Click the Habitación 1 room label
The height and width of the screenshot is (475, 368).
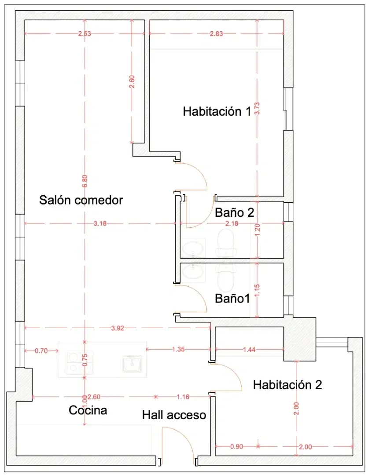217,111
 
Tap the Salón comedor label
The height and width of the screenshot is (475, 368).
81,200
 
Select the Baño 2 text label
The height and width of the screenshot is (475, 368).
235,213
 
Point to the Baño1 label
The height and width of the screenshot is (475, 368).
232,299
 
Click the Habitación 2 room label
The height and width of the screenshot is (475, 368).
287,385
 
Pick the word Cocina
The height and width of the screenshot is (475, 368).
88,410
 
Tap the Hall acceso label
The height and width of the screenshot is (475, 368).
174,415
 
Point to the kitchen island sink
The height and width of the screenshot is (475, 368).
132,364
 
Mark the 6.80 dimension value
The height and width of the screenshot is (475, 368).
85,181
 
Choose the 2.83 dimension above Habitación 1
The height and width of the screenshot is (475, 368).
217,34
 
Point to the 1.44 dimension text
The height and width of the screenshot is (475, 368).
248,350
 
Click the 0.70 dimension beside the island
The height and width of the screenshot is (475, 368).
41,351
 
